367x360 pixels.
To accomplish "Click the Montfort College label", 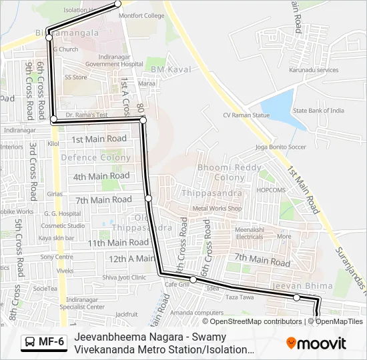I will click(x=142, y=15).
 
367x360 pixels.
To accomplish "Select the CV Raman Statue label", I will click(x=246, y=115).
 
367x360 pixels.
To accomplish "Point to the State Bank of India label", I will click(x=318, y=111).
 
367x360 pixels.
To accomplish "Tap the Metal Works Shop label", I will click(x=216, y=209).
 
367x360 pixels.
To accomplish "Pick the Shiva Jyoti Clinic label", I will click(x=124, y=277).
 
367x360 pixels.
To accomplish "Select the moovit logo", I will click(x=316, y=343).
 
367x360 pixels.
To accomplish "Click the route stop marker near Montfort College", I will click(x=119, y=3).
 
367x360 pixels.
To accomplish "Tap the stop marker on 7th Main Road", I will click(x=148, y=198).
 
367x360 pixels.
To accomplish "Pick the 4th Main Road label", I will click(x=101, y=176).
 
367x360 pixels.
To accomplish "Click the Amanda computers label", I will click(x=197, y=313).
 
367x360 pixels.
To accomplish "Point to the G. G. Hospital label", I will click(x=58, y=214).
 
